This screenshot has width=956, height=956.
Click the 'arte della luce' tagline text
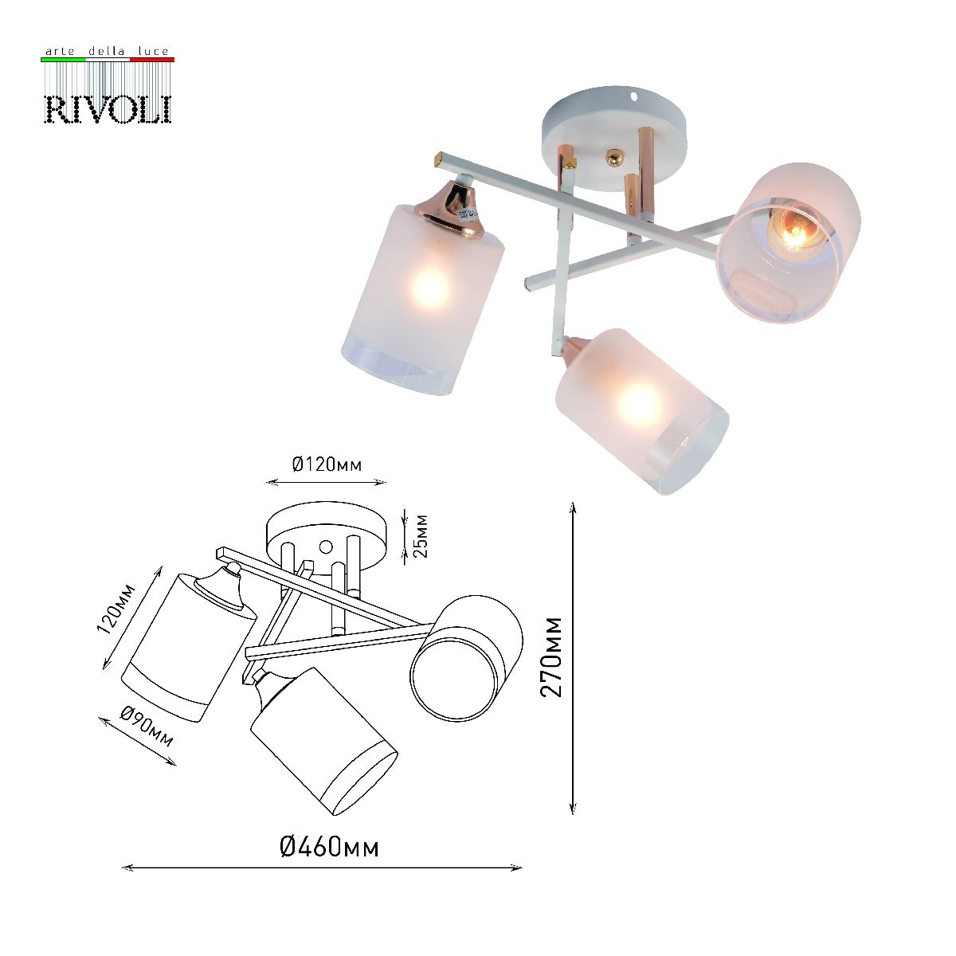(x=108, y=52)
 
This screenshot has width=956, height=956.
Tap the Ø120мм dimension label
(x=327, y=464)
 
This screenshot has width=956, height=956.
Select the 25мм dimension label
(x=421, y=535)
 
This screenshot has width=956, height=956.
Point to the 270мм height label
(x=550, y=656)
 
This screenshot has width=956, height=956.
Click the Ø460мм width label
(x=330, y=846)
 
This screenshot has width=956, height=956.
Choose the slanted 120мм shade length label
(x=116, y=609)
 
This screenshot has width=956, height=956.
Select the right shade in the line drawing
(x=466, y=657)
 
